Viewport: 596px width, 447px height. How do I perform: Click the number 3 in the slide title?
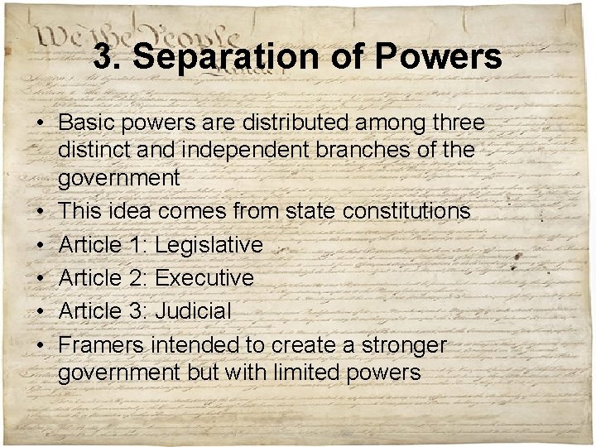[x=103, y=57]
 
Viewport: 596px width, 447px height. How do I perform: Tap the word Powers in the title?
[x=438, y=57]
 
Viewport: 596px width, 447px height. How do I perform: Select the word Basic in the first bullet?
[x=86, y=123]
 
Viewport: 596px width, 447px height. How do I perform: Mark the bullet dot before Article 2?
[x=40, y=279]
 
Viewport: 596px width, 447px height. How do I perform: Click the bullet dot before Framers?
[x=40, y=346]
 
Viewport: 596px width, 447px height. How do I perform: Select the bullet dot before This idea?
[x=40, y=212]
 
